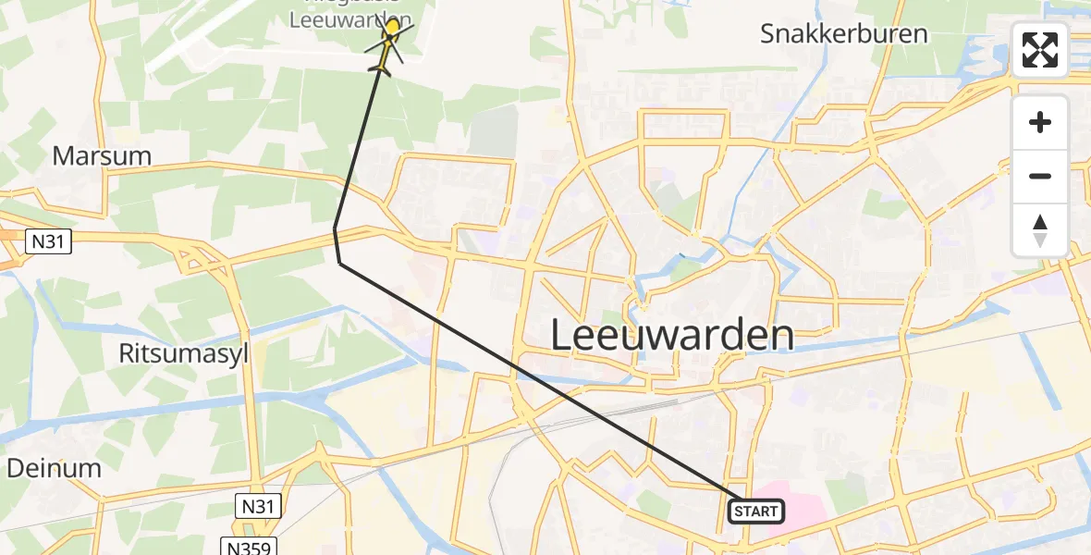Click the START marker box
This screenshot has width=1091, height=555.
(x=756, y=511)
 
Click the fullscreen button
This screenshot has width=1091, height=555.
(x=1040, y=50)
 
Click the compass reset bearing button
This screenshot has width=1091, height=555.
(x=1040, y=230)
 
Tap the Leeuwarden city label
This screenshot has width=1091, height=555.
(x=672, y=335)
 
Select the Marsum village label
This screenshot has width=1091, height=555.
(x=102, y=155)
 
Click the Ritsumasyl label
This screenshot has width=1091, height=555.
(x=185, y=352)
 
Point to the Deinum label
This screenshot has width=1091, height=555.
(x=54, y=468)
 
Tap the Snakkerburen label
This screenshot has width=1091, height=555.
(x=843, y=34)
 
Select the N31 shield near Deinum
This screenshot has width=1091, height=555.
(x=258, y=506)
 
